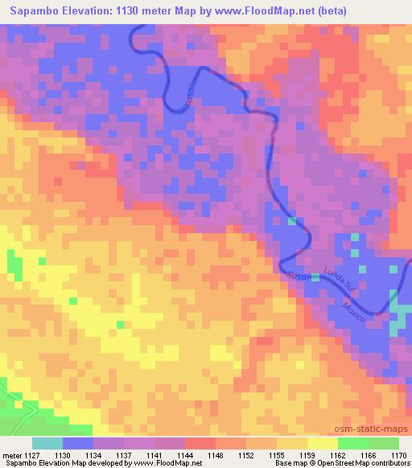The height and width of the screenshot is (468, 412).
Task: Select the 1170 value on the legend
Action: pos(398,454)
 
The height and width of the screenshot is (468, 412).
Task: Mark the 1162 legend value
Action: pos(338,454)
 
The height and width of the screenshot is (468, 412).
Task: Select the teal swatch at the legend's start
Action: pos(47,443)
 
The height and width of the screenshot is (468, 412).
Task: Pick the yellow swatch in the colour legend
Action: pos(323,443)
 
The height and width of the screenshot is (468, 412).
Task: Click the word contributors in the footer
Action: pos(388,464)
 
